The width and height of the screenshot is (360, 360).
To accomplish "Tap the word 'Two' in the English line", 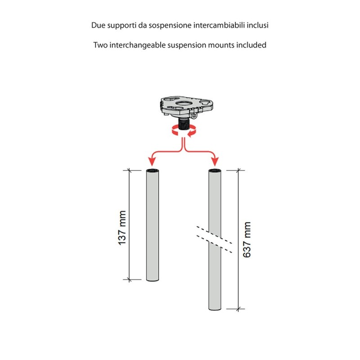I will pyautogui.click(x=100, y=45).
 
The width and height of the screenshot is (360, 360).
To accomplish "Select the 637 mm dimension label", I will pyautogui.click(x=246, y=239).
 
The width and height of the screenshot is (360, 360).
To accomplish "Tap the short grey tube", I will pyautogui.click(x=153, y=225).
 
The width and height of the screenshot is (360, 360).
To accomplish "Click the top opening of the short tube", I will pyautogui.click(x=153, y=171).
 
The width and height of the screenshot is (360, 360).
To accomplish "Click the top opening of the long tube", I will pyautogui.click(x=215, y=171).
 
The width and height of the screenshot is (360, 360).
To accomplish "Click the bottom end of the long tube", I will pyautogui.click(x=215, y=309).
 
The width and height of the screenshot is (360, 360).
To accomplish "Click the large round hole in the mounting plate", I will pyautogui.click(x=182, y=103).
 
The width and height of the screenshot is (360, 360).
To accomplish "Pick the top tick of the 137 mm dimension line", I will pyautogui.click(x=130, y=171).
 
